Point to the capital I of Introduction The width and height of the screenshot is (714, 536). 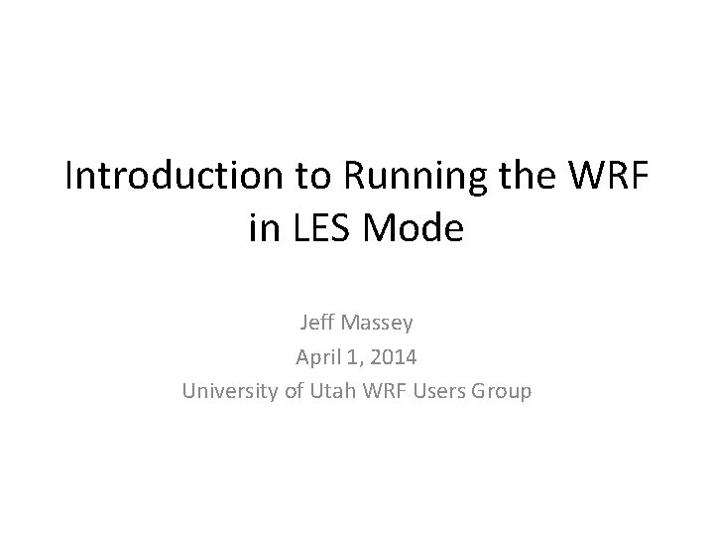[68, 178]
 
